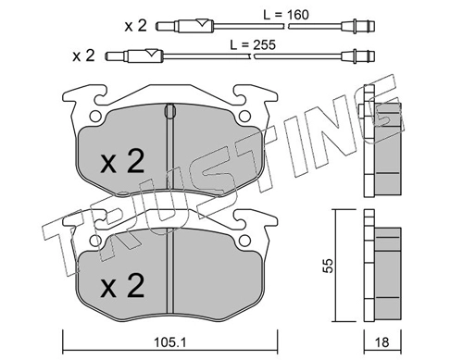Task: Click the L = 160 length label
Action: pos(285,15)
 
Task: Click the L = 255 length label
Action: pos(253,44)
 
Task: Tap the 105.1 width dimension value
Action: pos(169,342)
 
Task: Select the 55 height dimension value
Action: pos(329,266)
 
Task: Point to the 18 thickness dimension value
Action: pos(382,342)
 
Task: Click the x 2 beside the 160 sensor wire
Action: pos(135,26)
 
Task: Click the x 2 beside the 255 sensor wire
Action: pos(83,56)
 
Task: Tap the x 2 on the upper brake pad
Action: pos(122,161)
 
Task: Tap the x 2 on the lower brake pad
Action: pos(122,285)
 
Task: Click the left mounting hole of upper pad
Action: pos(94,117)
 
